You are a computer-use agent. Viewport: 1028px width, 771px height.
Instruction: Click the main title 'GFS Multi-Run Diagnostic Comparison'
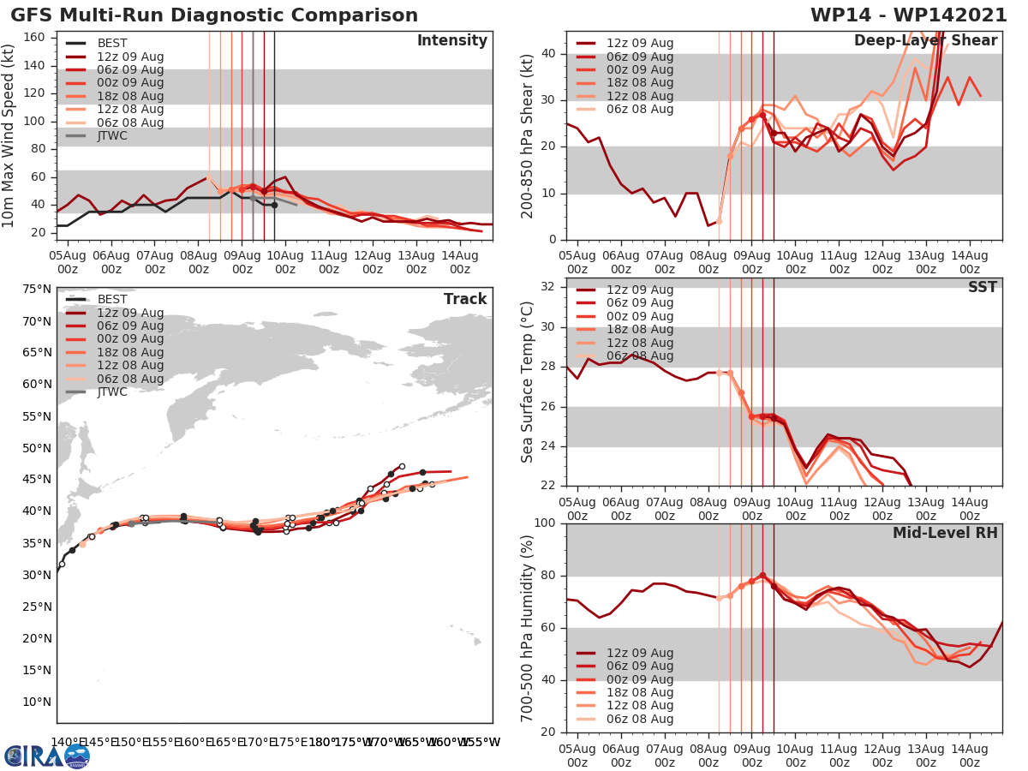point(214,15)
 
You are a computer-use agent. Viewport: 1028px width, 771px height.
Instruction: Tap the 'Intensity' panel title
point(451,41)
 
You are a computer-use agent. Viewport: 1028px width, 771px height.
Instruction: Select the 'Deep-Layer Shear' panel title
point(925,41)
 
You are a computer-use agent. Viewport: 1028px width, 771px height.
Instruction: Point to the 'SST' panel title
point(982,287)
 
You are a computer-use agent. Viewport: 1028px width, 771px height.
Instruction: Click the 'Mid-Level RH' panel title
point(945,533)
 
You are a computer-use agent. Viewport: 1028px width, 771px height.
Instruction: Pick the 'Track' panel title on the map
point(465,299)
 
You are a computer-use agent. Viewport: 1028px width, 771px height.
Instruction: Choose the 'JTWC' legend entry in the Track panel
point(112,391)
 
